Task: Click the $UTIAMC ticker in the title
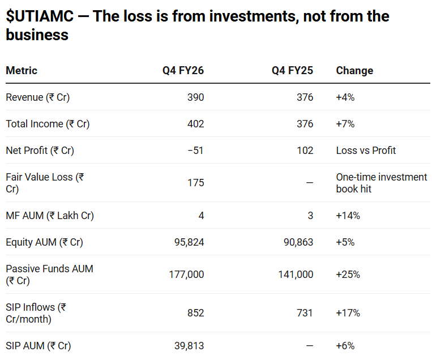click(x=40, y=16)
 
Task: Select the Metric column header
click(x=22, y=71)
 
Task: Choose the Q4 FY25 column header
click(x=292, y=71)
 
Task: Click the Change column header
click(x=354, y=71)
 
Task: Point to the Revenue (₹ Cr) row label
click(x=37, y=97)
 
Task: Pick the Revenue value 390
click(x=195, y=97)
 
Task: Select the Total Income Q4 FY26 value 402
click(x=195, y=124)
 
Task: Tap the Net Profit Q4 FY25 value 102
click(x=305, y=151)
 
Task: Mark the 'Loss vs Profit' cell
click(x=366, y=151)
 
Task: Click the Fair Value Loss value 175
click(x=195, y=183)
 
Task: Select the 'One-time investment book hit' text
click(x=381, y=183)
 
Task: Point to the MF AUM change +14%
click(x=348, y=216)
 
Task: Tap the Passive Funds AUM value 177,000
click(x=186, y=275)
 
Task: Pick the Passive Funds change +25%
click(x=348, y=275)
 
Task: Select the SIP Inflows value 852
click(x=195, y=313)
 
